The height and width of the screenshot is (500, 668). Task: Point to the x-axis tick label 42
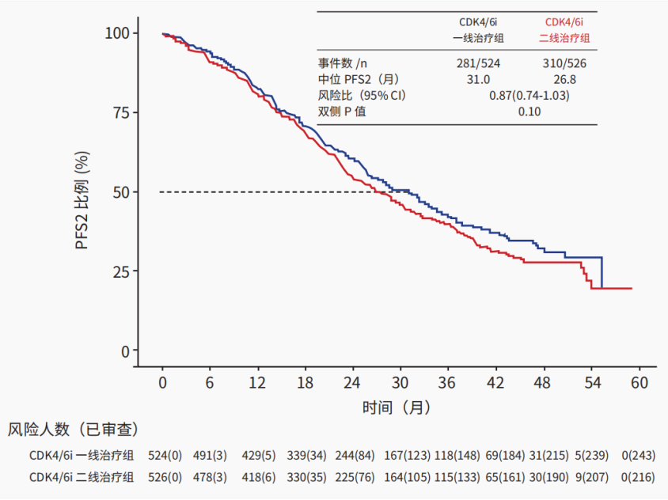495,383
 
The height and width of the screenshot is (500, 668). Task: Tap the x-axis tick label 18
305,383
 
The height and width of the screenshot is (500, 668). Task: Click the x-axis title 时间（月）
397,407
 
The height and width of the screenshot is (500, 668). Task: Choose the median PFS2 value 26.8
565,79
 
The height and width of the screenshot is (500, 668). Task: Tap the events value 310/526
565,63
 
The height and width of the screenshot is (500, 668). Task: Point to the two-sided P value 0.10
529,112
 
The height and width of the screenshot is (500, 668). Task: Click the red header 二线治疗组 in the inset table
564,37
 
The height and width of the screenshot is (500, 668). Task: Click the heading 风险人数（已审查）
74,430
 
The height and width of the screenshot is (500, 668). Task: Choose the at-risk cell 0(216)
639,477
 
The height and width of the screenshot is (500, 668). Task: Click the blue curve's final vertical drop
602,273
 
